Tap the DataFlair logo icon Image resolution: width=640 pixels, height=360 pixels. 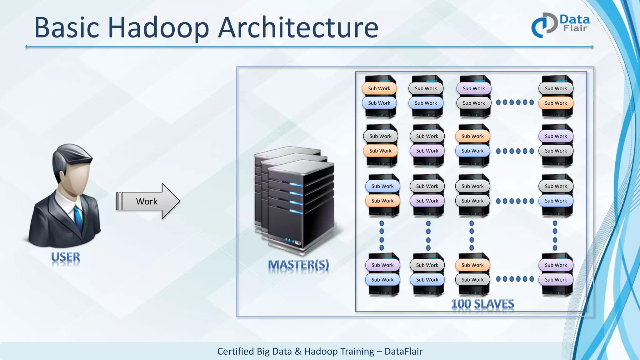[x=544, y=25]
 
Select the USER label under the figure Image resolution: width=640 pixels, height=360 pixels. [x=66, y=257]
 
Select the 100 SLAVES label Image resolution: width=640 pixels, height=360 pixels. [x=482, y=304]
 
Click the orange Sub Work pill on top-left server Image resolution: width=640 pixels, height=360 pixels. [x=379, y=88]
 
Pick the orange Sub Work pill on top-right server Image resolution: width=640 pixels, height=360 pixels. [x=556, y=103]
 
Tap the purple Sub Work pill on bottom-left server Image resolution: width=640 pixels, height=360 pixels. [x=382, y=265]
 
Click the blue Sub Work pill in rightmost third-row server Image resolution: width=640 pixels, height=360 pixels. [x=556, y=201]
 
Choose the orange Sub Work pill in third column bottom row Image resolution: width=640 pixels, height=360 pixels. [x=472, y=265]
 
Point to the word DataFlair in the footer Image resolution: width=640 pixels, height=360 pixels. [x=403, y=351]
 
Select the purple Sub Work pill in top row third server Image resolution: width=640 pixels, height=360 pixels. [x=474, y=88]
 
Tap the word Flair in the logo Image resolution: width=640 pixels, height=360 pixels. [x=575, y=28]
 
